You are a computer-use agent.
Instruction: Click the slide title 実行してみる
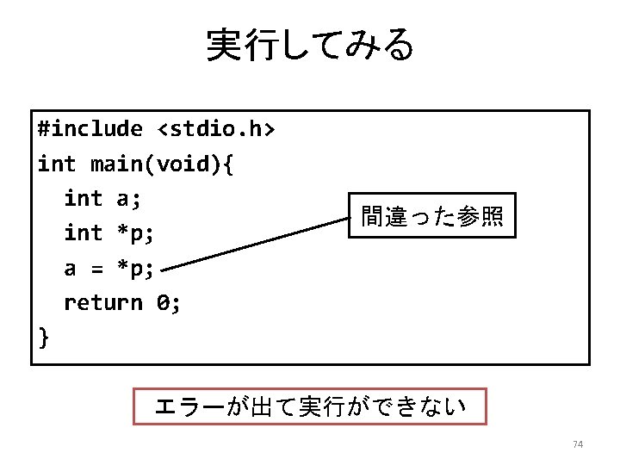coord(310,45)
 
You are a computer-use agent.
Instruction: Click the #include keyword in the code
coord(90,129)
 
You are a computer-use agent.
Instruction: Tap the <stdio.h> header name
coord(216,129)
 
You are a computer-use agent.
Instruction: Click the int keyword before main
coord(57,164)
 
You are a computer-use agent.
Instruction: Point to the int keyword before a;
coord(83,199)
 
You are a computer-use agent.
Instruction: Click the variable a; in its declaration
coord(128,199)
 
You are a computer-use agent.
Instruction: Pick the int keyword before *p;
coord(83,233)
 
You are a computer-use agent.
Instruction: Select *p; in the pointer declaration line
coord(134,233)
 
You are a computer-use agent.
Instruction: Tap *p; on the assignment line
coord(135,269)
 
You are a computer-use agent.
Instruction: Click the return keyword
coord(102,303)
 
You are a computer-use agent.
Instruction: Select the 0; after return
coord(168,303)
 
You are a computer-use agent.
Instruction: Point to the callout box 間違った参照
coord(431,215)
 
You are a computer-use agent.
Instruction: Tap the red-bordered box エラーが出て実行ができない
coord(310,406)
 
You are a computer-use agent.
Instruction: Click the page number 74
coord(578,444)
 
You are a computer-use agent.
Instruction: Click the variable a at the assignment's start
coord(70,269)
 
